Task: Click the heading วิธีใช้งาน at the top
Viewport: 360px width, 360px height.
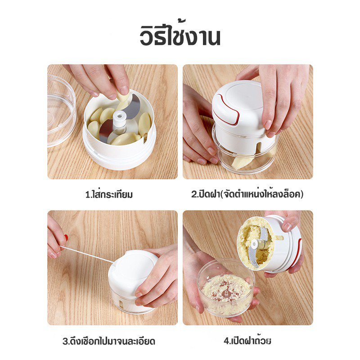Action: (x=180, y=36)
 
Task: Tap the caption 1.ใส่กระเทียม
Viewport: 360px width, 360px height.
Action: (x=109, y=194)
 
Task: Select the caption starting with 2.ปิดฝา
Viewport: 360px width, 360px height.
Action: (x=247, y=194)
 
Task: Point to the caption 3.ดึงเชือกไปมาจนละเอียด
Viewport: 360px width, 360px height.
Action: (x=109, y=341)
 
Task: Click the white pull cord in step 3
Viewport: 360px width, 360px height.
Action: (x=86, y=254)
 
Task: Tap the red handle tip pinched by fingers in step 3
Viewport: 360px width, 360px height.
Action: (x=66, y=238)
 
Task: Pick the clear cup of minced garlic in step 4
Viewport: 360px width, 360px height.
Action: (x=226, y=287)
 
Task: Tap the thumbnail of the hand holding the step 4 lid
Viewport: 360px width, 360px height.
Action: (x=288, y=227)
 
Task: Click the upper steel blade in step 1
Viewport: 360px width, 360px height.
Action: (x=133, y=107)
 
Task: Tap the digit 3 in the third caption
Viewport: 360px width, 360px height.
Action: (x=65, y=341)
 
